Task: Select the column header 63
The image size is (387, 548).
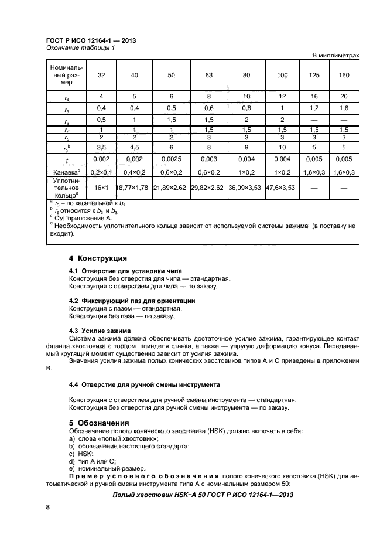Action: [210, 76]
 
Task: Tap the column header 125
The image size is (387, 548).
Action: [315, 76]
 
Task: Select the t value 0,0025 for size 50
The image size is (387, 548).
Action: [172, 158]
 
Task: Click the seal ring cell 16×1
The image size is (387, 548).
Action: [102, 189]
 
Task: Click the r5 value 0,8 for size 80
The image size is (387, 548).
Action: [246, 108]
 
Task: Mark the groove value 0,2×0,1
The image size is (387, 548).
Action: [102, 173]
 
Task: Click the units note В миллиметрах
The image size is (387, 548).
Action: [335, 55]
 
